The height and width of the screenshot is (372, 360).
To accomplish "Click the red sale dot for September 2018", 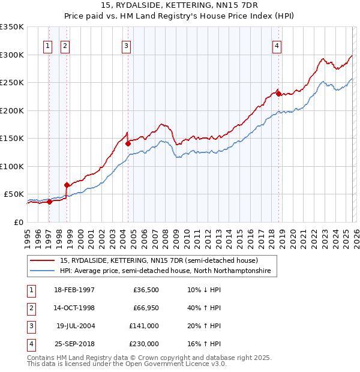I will coord(278,94).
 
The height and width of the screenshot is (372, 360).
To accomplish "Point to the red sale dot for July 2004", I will coord(128,143).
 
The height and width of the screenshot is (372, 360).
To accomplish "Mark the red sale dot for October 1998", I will coord(67,185).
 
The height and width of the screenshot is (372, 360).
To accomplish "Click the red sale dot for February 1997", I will coord(49,202).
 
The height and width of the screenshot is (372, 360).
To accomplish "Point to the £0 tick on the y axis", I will coord(18,222).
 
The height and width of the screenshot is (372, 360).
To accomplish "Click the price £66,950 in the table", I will coord(145,308).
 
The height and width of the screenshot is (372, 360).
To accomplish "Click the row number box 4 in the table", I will coord(29,344).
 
